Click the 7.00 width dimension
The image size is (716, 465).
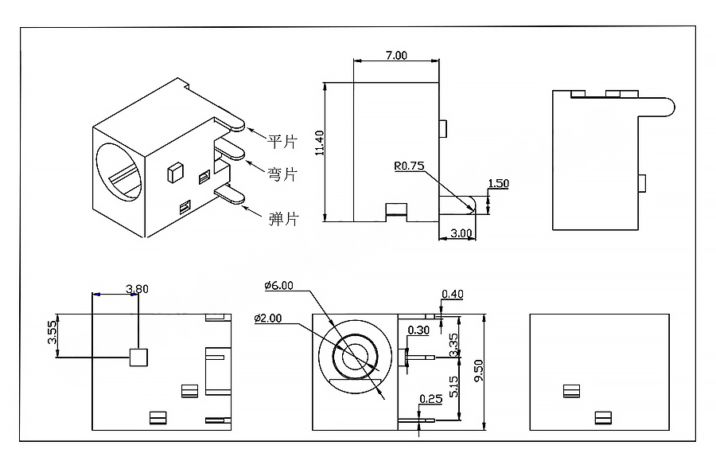coord(396,55)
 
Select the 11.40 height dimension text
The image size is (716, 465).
coord(319,143)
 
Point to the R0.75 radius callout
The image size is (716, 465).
coord(409,166)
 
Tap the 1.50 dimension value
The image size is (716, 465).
coord(498,183)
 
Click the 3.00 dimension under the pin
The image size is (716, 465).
coord(461,232)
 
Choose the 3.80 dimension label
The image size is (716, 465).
coord(137,289)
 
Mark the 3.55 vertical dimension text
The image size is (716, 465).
coord(53,332)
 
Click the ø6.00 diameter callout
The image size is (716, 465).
coord(279,286)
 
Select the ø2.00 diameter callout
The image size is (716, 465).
coord(268,318)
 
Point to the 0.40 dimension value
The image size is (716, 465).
coord(453,294)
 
